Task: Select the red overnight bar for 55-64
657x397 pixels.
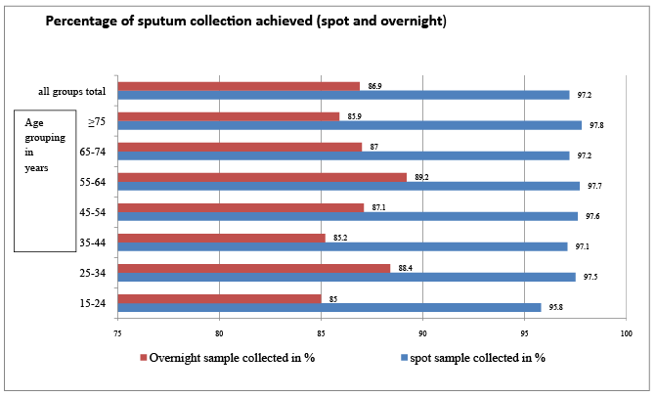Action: pos(262,177)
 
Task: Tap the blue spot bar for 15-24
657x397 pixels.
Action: pos(328,307)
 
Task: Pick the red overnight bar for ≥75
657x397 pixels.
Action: pos(228,116)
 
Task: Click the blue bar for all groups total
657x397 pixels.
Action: pos(343,95)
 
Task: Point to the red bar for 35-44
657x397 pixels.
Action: pos(221,237)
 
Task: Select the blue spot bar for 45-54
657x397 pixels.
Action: pos(347,216)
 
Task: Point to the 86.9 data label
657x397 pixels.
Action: pos(374,86)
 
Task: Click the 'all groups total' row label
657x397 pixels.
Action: pos(71,92)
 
